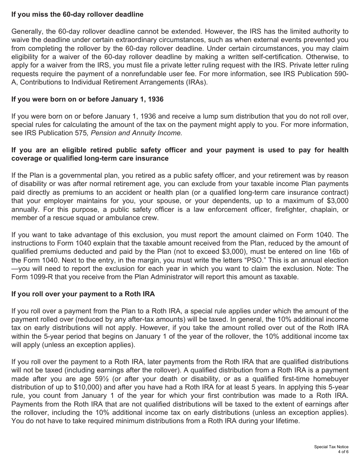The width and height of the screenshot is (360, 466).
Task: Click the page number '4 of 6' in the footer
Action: pyautogui.click(x=343, y=452)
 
